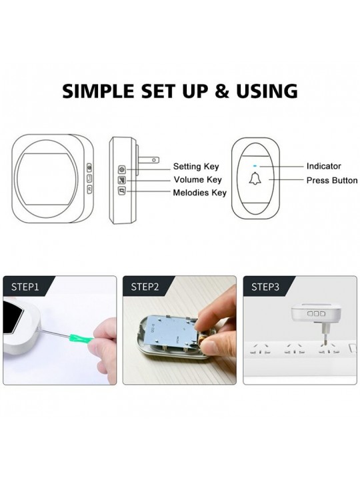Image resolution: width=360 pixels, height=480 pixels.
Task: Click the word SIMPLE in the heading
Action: [x=98, y=91]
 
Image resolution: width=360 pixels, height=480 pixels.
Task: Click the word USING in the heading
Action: [x=267, y=91]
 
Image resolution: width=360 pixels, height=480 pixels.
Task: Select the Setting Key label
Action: [x=196, y=167]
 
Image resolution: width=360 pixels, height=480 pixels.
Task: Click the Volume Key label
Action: [x=197, y=179]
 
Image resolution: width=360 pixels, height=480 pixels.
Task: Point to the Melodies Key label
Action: [x=199, y=193]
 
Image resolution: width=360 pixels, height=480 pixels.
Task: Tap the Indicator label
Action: [x=323, y=166]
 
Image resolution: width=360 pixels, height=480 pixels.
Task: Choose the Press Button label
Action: [x=332, y=180]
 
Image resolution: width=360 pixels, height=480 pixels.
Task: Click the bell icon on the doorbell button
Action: [x=255, y=179]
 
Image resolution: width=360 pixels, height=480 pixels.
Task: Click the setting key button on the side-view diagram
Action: [x=122, y=169]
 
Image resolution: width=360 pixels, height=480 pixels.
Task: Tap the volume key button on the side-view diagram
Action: [x=122, y=180]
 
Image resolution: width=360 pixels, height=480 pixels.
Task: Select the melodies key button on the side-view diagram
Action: [x=122, y=191]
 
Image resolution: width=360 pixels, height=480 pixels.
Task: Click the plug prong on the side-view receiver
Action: [x=148, y=160]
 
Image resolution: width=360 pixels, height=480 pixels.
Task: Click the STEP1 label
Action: [x=25, y=287]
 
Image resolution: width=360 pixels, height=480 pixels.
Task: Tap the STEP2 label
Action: [x=145, y=287]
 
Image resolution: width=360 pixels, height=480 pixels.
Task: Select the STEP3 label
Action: [x=265, y=287]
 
